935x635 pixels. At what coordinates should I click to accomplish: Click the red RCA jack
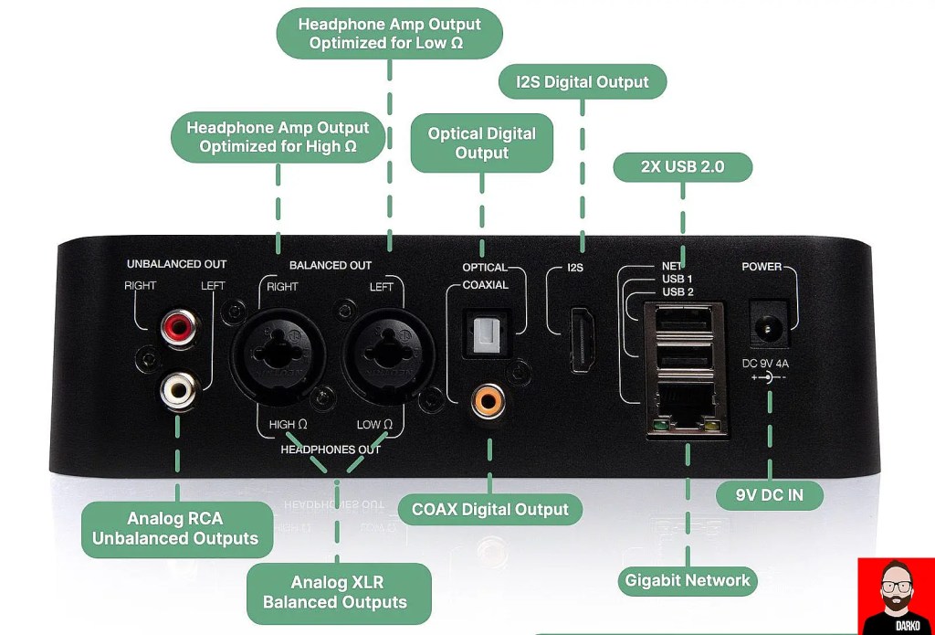click(178, 327)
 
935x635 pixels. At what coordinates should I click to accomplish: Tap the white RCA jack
click(177, 390)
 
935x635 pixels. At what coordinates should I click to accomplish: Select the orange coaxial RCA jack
click(484, 400)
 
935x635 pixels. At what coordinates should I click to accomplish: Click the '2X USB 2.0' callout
click(682, 167)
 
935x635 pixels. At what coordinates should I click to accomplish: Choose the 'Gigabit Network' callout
click(687, 580)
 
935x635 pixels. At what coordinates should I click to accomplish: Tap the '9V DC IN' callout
click(769, 496)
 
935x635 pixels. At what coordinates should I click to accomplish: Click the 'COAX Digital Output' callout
click(490, 510)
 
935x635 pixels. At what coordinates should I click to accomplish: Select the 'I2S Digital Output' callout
click(583, 82)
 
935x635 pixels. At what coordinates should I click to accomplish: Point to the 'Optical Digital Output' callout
click(481, 143)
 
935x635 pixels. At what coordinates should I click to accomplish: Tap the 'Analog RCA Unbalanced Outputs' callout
click(175, 529)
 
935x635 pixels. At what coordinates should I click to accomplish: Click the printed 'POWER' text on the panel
click(762, 267)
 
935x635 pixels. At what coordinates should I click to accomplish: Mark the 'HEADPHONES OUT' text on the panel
click(331, 450)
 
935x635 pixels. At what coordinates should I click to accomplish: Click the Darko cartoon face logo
click(896, 596)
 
